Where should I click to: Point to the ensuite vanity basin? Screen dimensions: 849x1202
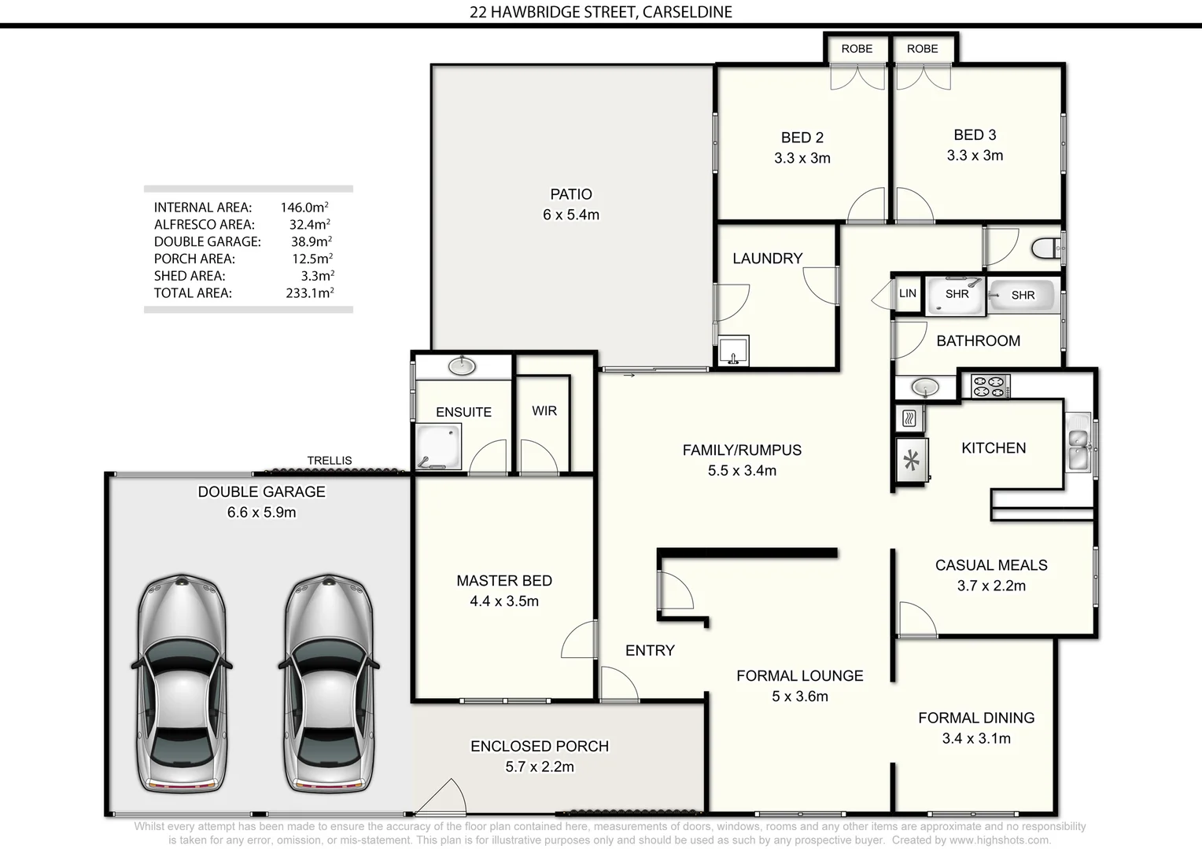click(462, 366)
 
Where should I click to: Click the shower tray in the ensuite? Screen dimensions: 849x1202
click(438, 447)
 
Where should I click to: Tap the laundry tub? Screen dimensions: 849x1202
click(734, 351)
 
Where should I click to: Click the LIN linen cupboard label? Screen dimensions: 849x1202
click(908, 293)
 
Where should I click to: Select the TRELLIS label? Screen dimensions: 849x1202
click(330, 461)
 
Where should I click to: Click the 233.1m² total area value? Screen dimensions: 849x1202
click(309, 293)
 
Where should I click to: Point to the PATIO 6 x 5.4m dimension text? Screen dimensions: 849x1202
click(571, 215)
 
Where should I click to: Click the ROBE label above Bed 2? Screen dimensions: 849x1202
click(857, 49)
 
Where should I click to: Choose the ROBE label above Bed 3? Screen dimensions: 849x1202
click(922, 49)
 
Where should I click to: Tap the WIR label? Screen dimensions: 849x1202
click(544, 410)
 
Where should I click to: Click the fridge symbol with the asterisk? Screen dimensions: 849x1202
click(913, 460)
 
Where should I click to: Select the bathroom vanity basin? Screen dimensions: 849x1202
click(925, 387)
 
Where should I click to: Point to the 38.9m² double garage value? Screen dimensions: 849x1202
click(311, 241)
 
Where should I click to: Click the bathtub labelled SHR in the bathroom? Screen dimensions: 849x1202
click(1022, 295)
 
